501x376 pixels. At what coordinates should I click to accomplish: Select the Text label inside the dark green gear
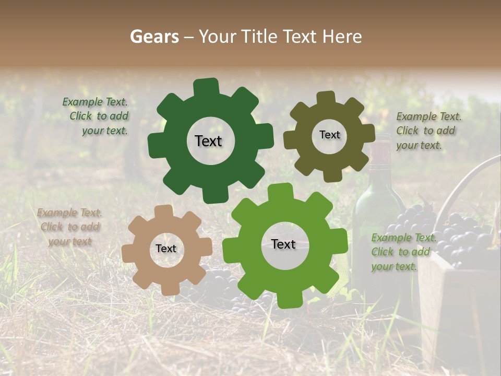208,141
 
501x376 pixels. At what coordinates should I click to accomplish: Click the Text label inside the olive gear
329,135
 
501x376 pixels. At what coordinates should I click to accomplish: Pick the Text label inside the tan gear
166,249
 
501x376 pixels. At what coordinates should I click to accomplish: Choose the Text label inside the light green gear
283,244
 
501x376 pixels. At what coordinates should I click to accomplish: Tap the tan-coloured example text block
69,227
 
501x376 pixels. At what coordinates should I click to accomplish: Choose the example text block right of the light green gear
402,252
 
